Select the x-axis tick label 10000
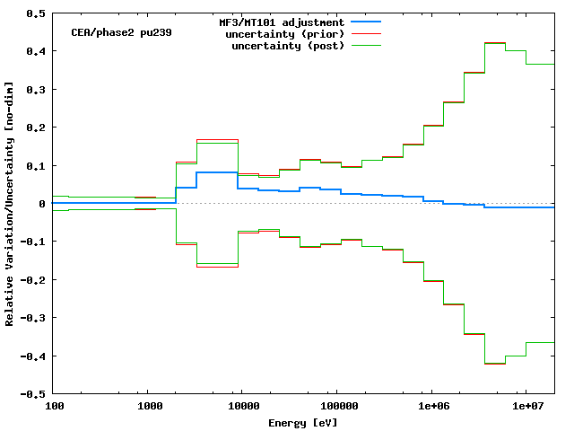tap(242, 407)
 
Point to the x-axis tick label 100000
tap(335, 407)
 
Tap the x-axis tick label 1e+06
tap(430, 407)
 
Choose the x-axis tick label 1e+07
tap(525, 407)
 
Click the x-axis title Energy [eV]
tap(303, 422)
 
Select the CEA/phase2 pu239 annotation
tap(121, 32)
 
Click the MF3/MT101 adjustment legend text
tap(281, 22)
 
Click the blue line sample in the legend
tap(367, 22)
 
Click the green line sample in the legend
tap(367, 45)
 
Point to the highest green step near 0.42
tap(495, 43)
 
